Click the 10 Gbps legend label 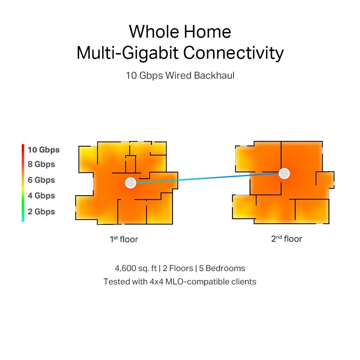[44, 150]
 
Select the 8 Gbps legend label [41, 164]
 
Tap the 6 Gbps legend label [41, 180]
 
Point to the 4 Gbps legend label [41, 195]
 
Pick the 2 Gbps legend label [41, 211]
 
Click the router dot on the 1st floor [130, 182]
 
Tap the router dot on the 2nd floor [284, 173]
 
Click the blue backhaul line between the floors [207, 178]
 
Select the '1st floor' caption [124, 239]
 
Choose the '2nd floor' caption [287, 239]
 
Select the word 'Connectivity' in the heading [233, 53]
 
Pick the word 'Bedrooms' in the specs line [225, 269]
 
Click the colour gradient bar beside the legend [23, 182]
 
